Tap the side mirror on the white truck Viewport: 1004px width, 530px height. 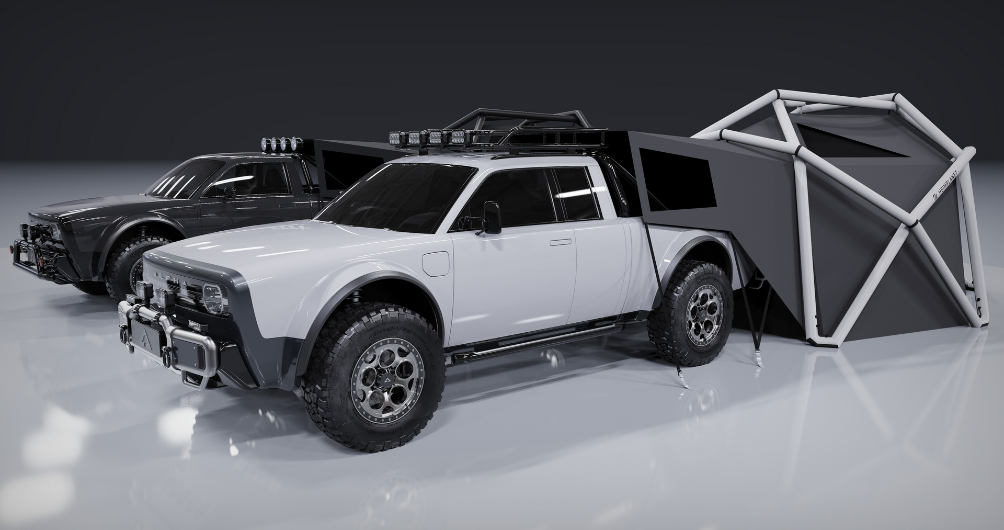click(492, 217)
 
